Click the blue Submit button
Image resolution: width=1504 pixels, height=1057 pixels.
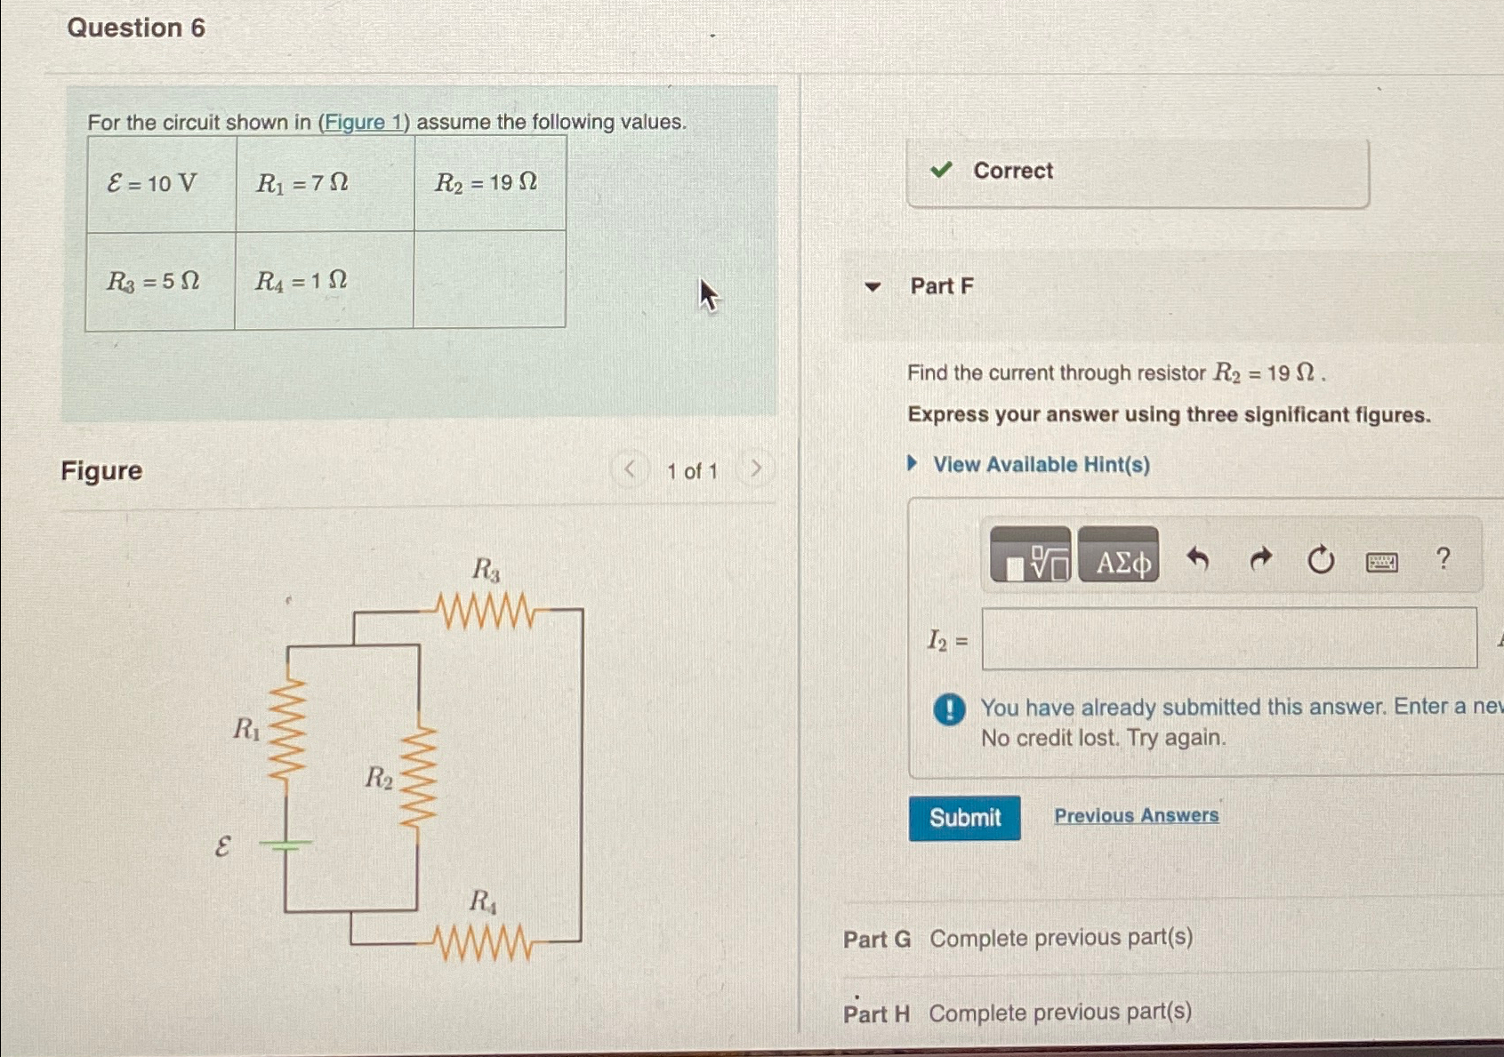coord(964,818)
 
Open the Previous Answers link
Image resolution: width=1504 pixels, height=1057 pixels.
coord(1136,815)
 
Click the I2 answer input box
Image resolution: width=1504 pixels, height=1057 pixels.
coord(1228,638)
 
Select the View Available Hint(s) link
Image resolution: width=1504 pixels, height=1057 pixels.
coord(1041,465)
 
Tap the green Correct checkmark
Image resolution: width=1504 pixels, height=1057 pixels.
coord(941,170)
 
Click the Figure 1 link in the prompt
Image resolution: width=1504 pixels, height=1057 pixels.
coord(364,123)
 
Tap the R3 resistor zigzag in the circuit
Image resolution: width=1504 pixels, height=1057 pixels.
coord(487,611)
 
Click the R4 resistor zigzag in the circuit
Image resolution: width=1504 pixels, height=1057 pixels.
coord(485,942)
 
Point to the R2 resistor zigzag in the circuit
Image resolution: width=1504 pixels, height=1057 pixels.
coord(418,776)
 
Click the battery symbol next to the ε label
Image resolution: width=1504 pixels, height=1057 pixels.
coord(286,845)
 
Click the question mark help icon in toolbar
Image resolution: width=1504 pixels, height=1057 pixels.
coord(1443,559)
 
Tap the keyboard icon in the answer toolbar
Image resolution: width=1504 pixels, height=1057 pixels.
coord(1381,562)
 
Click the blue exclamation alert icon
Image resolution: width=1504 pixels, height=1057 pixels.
coord(949,709)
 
